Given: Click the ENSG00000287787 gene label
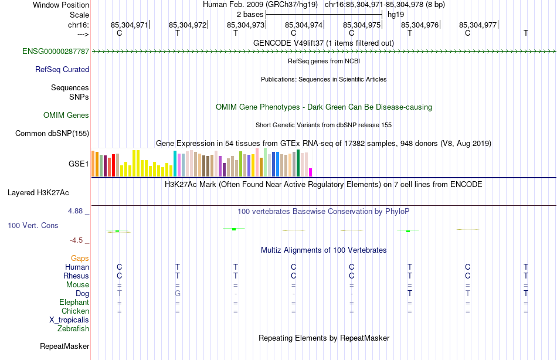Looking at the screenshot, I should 56,52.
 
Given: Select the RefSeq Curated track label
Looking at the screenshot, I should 62,70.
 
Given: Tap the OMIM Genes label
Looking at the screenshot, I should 66,116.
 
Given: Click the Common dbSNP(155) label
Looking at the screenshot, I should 52,134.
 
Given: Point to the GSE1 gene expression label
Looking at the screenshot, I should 79,164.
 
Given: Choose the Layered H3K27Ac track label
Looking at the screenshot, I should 38,192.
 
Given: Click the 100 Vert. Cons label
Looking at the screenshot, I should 33,225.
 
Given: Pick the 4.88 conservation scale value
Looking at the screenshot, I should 77,211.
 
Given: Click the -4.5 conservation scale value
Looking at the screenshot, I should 79,240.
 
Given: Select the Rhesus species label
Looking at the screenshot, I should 76,276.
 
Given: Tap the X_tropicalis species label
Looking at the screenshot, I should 69,320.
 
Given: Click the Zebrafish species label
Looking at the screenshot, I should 73,329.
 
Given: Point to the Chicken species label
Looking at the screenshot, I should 75,311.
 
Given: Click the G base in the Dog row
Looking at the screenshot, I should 177,293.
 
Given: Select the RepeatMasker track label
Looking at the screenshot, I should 64,347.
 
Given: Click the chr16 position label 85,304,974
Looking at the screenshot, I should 304,25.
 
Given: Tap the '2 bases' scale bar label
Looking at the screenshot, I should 250,14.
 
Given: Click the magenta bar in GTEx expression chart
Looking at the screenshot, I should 311,172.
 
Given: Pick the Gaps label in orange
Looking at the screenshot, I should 80,259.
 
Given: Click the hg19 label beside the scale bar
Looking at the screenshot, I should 396,14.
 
